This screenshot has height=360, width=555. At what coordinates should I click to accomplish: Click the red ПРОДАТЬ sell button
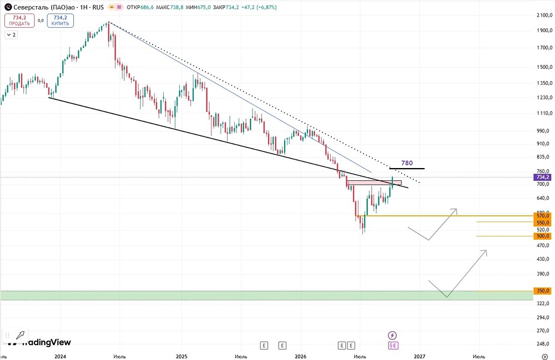pos(19,21)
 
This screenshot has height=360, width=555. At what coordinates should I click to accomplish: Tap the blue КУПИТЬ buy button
pos(60,21)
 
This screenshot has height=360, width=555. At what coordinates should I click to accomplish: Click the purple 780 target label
pos(407,163)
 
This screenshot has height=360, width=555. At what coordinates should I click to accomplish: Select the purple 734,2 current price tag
pos(543,177)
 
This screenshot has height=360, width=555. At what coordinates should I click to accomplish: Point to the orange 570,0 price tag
pos(543,216)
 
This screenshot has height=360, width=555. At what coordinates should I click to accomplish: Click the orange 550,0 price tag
pos(543,223)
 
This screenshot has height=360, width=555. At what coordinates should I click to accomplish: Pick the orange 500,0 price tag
pos(543,236)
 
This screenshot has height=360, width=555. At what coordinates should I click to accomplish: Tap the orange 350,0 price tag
pos(543,291)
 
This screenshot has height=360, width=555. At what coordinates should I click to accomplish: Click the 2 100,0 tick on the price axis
pos(544,15)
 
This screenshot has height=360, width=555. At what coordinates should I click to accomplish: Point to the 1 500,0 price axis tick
pos(544,67)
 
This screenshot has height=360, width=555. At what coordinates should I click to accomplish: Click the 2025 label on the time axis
pos(181,356)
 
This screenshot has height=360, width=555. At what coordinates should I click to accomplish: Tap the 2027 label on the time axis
pos(420,356)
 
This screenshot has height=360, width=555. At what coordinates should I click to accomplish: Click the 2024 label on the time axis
pos(60,356)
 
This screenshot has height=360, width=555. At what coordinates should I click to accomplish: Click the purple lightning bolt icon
pos(392,335)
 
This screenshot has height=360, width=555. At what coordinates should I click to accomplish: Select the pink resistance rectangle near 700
pos(374,183)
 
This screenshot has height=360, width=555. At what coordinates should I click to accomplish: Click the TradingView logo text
pos(47,342)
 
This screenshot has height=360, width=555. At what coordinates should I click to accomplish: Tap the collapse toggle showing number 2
pos(11,34)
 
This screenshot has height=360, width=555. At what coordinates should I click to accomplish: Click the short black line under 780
pos(407,169)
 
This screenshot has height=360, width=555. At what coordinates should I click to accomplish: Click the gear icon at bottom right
pos(545,356)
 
